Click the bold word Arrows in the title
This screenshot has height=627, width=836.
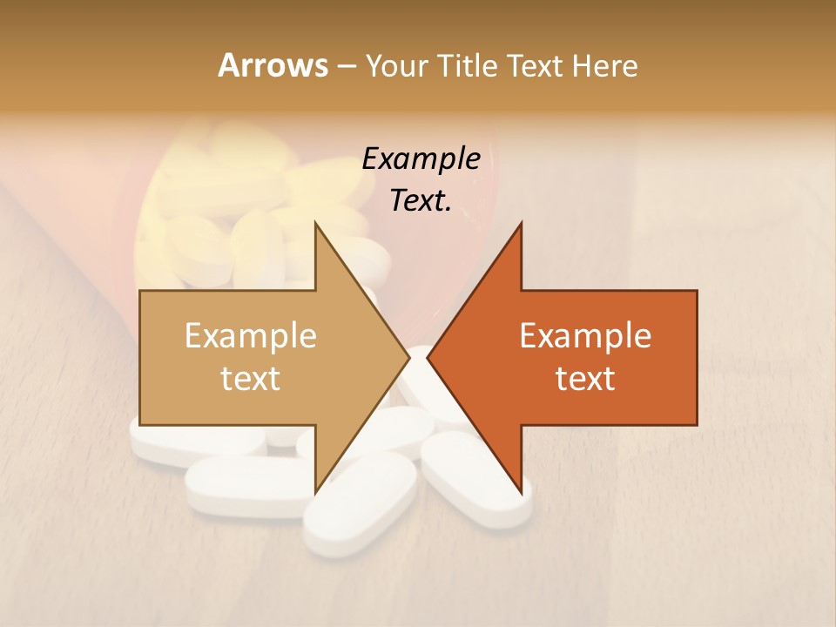click(273, 65)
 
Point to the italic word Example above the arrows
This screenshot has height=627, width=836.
click(421, 159)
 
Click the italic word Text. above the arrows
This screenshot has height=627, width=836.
click(421, 201)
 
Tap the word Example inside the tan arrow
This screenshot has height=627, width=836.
click(250, 336)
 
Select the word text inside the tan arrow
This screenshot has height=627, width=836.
click(250, 379)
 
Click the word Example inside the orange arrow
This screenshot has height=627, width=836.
click(585, 336)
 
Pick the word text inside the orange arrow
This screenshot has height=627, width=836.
click(585, 379)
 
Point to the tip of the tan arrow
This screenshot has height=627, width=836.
click(408, 357)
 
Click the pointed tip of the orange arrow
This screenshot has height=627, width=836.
click(428, 357)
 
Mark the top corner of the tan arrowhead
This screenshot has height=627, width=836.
click(315, 224)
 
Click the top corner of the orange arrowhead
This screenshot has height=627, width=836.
click(521, 224)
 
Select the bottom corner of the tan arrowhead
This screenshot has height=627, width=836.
click(315, 491)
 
